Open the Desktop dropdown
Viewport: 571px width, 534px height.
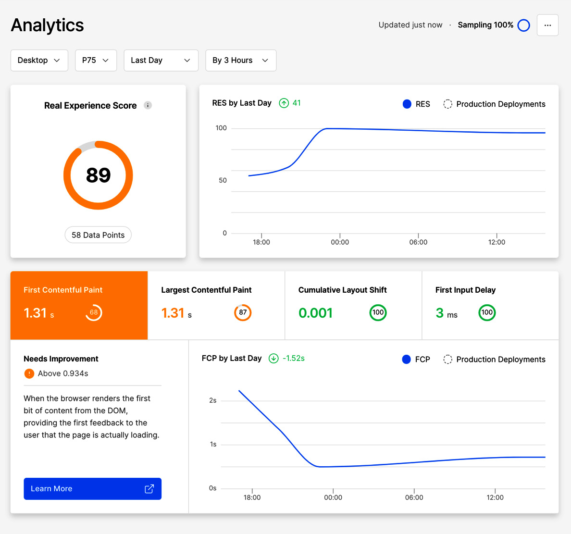pyautogui.click(x=39, y=60)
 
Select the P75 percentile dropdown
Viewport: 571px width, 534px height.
pyautogui.click(x=96, y=60)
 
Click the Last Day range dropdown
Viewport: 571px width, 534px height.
pyautogui.click(x=161, y=60)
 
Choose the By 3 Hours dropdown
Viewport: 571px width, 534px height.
pyautogui.click(x=240, y=60)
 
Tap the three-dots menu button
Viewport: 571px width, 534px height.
pyautogui.click(x=547, y=25)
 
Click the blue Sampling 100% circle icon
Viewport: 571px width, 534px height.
pyautogui.click(x=523, y=25)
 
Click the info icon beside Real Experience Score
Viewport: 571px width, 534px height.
pyautogui.click(x=148, y=105)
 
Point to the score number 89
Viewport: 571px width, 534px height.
pyautogui.click(x=98, y=175)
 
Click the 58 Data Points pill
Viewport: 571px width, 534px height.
pyautogui.click(x=98, y=235)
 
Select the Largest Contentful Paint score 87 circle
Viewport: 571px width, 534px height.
pyautogui.click(x=243, y=312)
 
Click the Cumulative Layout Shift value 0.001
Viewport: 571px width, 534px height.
pyautogui.click(x=315, y=313)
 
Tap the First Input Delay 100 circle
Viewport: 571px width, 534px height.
pyautogui.click(x=487, y=312)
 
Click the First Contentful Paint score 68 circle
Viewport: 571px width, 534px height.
pyautogui.click(x=94, y=312)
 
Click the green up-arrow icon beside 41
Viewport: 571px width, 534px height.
pyautogui.click(x=284, y=103)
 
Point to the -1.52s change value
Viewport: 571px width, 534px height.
pyautogui.click(x=293, y=358)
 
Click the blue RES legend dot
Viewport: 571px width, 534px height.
pyautogui.click(x=407, y=104)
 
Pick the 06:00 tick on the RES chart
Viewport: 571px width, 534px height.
pyautogui.click(x=418, y=242)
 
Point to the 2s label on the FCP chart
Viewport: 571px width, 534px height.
pyautogui.click(x=213, y=400)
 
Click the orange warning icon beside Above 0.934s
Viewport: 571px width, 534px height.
pyautogui.click(x=29, y=373)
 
